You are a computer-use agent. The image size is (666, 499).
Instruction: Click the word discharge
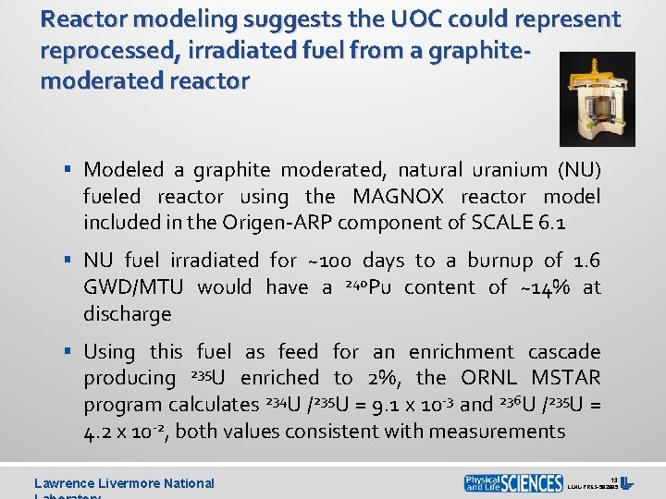[x=128, y=313]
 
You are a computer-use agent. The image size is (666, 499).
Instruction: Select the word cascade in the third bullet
[x=564, y=351]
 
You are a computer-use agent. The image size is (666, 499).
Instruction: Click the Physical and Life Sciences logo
[x=513, y=482]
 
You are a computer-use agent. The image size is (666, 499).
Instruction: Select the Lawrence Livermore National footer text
[x=124, y=482]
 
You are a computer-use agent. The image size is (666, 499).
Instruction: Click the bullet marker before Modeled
[x=69, y=170]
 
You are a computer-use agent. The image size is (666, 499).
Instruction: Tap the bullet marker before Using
[x=69, y=352]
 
